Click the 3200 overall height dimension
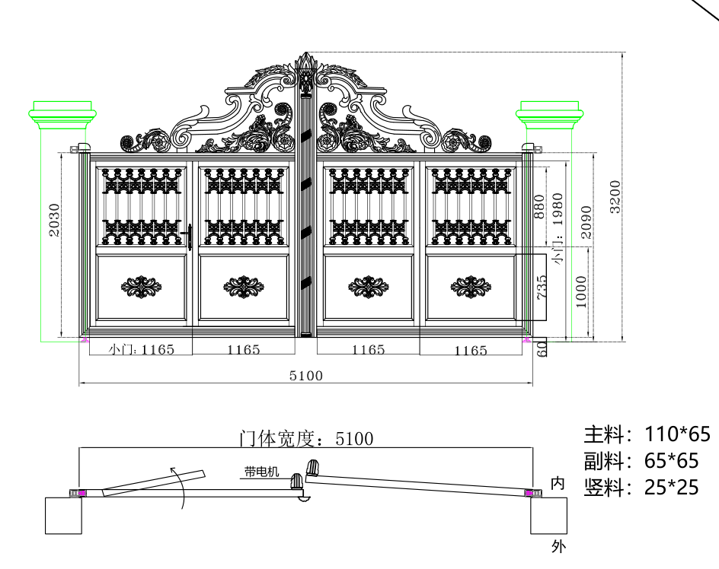coord(615,196)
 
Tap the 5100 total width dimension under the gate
coord(306,376)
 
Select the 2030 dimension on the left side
coord(55,220)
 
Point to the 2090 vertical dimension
coord(586,222)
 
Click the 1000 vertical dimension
coord(580,292)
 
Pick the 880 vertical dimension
coord(540,207)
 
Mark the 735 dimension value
coord(542,288)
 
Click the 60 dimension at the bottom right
coord(542,348)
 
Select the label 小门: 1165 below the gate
coord(141,350)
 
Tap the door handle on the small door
coord(189,237)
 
